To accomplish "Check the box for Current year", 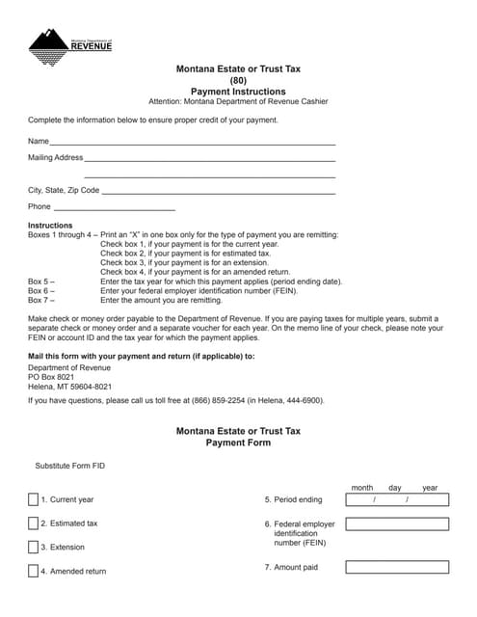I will coord(33,499).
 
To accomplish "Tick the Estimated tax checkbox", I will coord(33,523).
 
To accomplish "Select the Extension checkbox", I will coord(33,547).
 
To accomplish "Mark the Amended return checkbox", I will coord(33,571).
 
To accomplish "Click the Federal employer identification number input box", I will coord(396,524).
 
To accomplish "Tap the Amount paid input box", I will coord(396,567).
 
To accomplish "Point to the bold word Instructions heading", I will coord(50,226).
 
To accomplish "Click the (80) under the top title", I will coord(238,80).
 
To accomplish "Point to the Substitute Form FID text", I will coord(70,466).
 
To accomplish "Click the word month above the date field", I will coord(361,488).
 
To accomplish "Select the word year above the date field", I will coord(429,488).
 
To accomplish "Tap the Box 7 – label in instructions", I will coord(40,300).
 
